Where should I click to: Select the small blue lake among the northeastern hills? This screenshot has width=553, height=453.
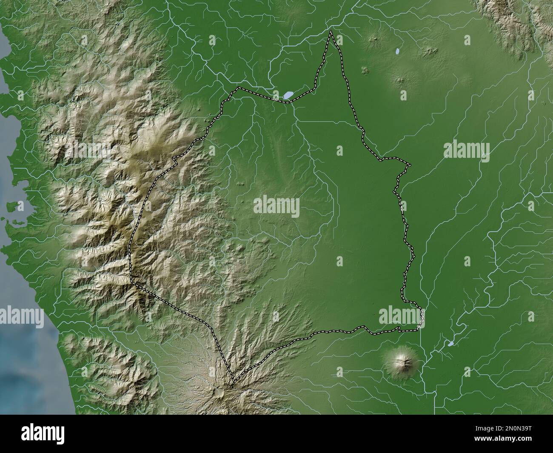coord(397,51)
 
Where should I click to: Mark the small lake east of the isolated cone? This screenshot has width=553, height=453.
coord(450,343)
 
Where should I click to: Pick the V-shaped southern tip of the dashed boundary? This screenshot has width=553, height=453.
coord(233,381)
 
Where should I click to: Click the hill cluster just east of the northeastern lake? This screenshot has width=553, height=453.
coord(430,51)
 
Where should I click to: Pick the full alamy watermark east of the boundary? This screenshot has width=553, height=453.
coord(466,151)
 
